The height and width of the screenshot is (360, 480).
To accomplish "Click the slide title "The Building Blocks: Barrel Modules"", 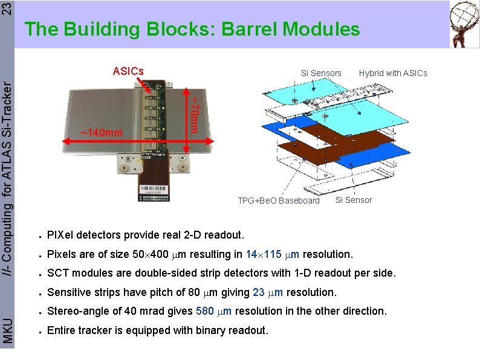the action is point(192,29).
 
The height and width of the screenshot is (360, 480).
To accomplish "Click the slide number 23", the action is point(6,8).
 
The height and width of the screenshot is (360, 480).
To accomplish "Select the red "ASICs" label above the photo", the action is point(128,71).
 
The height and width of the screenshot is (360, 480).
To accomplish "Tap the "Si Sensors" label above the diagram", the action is point(321,73).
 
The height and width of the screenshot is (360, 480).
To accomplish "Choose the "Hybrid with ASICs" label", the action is point(392,73).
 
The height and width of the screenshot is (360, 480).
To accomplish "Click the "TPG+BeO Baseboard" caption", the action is point(279,201).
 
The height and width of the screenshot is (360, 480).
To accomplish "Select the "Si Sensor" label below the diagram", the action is point(354,200).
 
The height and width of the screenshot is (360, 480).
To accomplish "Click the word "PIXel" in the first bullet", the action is point(60,234).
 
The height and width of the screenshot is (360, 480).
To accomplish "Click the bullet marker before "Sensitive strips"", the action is point(38,293).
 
